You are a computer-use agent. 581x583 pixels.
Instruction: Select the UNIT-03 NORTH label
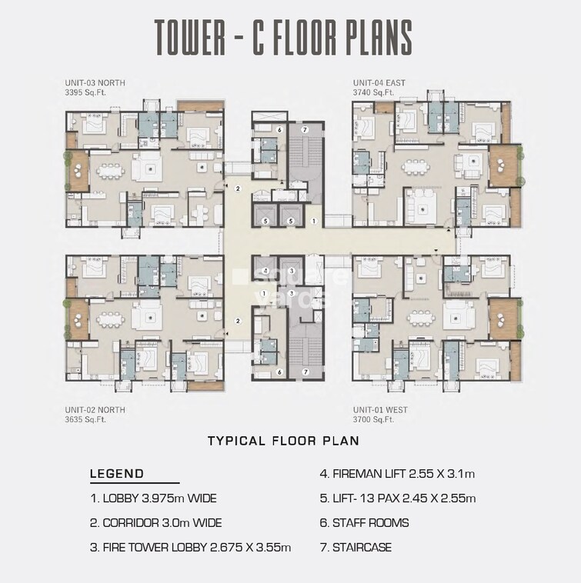pos(95,83)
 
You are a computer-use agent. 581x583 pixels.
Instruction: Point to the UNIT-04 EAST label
pos(379,83)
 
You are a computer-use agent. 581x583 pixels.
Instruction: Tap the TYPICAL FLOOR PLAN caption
pos(283,441)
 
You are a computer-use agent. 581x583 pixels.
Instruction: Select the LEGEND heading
pos(116,474)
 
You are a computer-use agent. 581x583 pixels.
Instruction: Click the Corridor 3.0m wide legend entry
pos(155,523)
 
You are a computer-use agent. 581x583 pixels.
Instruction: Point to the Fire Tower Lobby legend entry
pos(190,548)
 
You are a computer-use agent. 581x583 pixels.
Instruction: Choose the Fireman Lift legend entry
pos(397,474)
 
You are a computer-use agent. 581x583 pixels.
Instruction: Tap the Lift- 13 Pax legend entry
pos(397,498)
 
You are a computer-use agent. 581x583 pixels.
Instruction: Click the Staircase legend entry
pos(356,548)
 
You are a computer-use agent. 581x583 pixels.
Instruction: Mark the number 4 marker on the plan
pos(265,272)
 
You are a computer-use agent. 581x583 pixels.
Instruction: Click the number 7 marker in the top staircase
pos(305,129)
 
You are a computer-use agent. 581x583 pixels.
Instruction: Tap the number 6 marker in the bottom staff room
pos(279,372)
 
